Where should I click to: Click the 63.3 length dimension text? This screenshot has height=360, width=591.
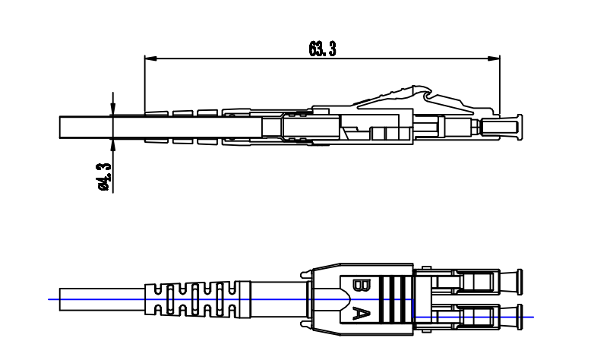[x=322, y=49]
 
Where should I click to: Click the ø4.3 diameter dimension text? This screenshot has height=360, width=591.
[x=104, y=177]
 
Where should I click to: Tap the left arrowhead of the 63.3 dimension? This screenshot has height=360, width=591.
[x=150, y=58]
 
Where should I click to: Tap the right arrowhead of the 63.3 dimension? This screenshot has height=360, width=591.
[x=494, y=58]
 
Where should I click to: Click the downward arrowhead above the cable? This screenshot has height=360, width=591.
[x=113, y=109]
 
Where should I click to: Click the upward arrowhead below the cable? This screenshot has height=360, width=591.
[x=113, y=145]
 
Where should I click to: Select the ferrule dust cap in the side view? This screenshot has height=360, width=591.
[x=502, y=128]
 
